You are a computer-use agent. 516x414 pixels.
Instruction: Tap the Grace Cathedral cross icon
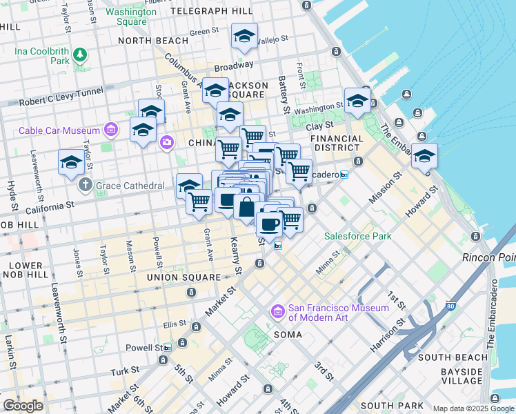85,185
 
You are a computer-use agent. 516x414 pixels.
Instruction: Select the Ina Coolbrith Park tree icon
81,54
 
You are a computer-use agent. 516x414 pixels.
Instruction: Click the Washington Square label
131,17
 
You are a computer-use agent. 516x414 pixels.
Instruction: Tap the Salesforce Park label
358,236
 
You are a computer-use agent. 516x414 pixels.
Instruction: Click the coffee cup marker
269,223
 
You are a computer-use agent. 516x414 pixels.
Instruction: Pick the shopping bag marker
246,206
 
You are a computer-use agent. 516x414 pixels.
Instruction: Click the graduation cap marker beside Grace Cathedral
71,162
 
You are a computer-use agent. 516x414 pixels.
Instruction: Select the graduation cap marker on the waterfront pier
425,155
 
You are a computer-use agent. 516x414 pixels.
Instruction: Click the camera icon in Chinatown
166,142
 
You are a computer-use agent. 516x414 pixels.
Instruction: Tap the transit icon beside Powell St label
183,343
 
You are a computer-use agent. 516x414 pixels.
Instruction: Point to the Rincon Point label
490,257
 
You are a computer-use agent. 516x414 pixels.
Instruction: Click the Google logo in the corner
23,406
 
